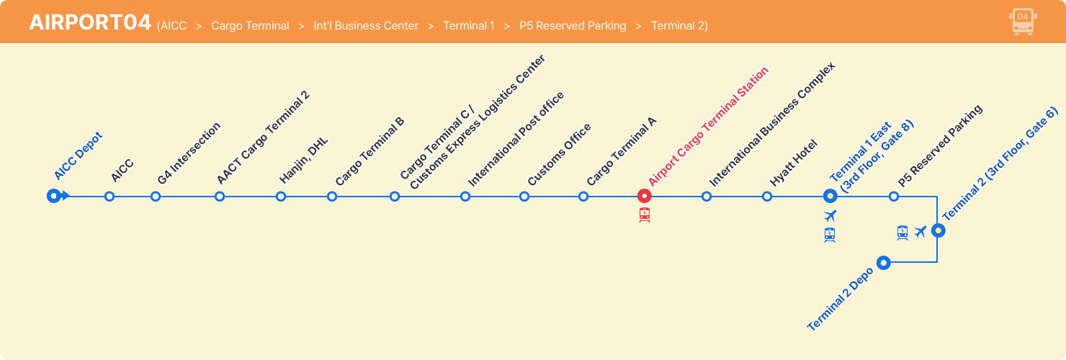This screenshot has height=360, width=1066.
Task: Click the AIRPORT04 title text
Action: coord(90,22)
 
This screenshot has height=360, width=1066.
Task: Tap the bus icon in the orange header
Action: coord(1022,22)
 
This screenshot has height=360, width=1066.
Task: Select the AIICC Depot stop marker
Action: coord(53,196)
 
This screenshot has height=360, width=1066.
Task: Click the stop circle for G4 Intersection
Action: coord(156,196)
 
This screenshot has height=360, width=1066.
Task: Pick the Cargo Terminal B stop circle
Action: coord(332,196)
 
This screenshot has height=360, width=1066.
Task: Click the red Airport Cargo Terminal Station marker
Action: coord(645,196)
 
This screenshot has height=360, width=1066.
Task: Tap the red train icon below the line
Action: coord(645,215)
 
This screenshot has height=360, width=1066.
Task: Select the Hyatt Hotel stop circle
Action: coord(767,196)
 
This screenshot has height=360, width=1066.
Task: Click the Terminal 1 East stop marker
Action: coord(830,196)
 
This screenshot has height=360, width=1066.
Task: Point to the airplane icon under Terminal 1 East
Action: coord(830,216)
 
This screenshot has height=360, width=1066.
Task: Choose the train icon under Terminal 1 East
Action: coord(830,235)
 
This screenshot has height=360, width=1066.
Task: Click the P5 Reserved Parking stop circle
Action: coord(894,196)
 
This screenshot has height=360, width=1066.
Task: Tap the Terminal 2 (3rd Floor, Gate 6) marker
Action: coord(938,230)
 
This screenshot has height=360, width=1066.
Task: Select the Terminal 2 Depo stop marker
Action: coord(883,263)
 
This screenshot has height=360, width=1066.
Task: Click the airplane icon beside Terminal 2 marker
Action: coord(920,232)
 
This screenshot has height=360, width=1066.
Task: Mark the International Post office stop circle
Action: coord(465,196)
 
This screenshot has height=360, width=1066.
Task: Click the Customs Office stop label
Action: coord(560,154)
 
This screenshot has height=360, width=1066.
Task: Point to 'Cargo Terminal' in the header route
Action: coord(250,26)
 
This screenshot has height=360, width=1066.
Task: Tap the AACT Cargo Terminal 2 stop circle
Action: coord(220,196)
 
